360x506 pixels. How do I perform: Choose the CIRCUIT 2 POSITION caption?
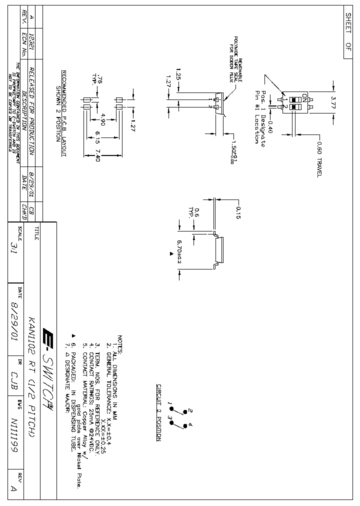(x=158, y=412)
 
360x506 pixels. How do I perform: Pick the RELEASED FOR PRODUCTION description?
(x=31, y=112)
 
